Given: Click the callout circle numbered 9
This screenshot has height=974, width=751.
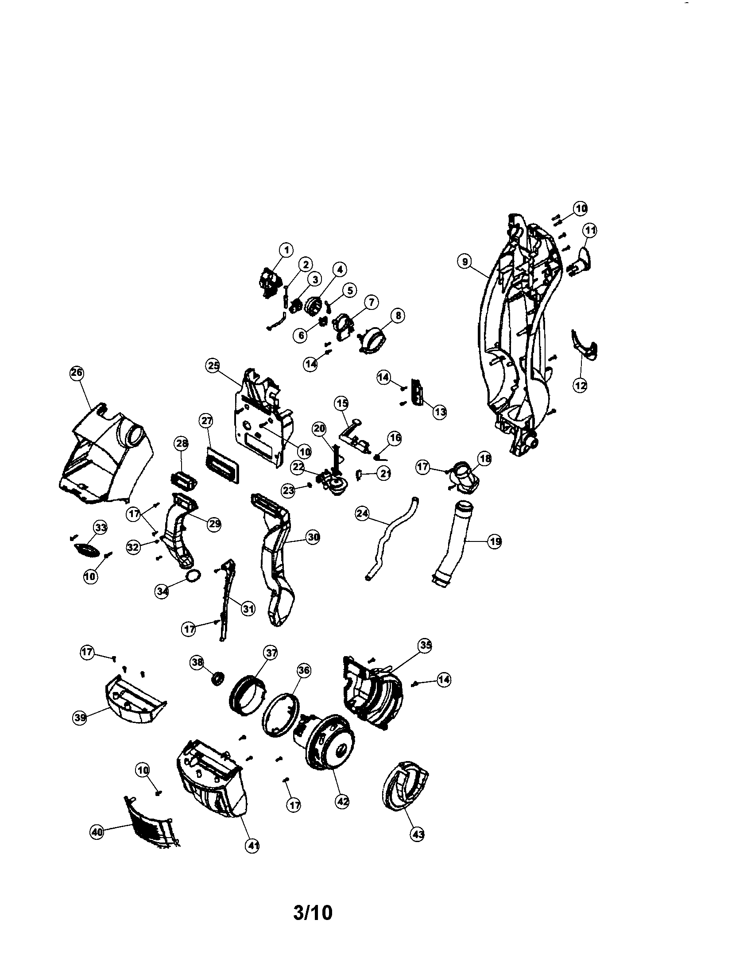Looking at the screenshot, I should click(465, 262).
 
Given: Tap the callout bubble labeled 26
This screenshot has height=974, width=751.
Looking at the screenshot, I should click(77, 373).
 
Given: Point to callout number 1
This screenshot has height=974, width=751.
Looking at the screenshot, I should click(286, 250).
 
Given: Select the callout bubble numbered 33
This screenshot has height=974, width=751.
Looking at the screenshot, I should click(101, 528).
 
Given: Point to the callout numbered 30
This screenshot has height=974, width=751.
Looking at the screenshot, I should click(314, 537).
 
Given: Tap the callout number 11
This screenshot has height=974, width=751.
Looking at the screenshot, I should click(590, 231).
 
